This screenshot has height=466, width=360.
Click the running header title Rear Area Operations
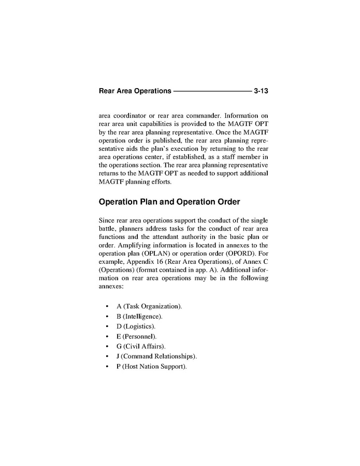(x=135, y=91)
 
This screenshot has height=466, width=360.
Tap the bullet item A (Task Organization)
(x=149, y=306)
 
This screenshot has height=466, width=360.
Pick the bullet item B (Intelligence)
(x=139, y=316)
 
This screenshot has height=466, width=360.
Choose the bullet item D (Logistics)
(x=136, y=326)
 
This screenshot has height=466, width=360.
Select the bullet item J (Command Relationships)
(x=157, y=357)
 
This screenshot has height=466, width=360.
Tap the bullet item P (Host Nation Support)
(x=151, y=366)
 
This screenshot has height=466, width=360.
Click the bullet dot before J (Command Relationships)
(x=107, y=357)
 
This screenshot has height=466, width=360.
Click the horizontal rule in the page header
(x=211, y=91)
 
